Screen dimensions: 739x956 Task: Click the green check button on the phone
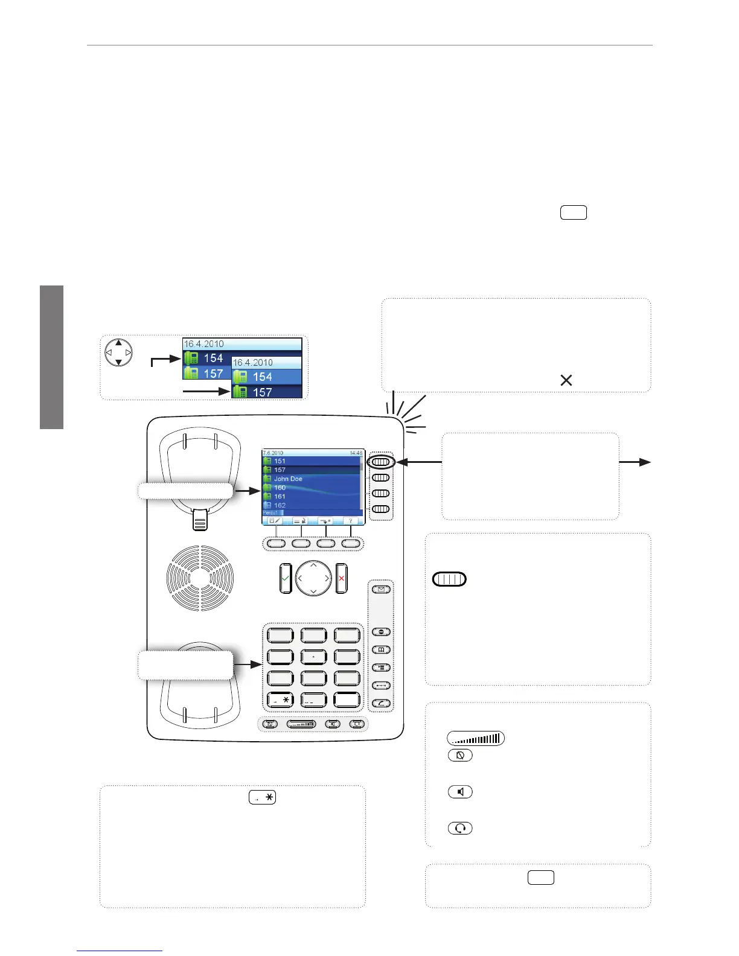tap(285, 578)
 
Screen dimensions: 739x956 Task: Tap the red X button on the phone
tap(342, 578)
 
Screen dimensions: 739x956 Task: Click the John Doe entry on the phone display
tap(288, 479)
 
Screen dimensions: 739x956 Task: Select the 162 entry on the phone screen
tap(280, 505)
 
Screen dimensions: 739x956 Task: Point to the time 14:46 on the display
tap(356, 453)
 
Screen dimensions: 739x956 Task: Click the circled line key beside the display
tap(381, 462)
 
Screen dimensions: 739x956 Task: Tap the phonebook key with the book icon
tap(381, 650)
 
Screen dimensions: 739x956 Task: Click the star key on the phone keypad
tap(280, 700)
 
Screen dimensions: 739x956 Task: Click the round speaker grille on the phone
tap(200, 578)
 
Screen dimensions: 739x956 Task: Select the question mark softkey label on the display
tap(350, 521)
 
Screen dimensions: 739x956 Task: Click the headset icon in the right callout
tap(460, 828)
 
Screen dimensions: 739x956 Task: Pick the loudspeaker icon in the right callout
tap(460, 792)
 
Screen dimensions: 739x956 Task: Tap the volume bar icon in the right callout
tap(476, 738)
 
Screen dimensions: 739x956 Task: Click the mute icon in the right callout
tap(460, 755)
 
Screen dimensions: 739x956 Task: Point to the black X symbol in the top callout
tap(566, 380)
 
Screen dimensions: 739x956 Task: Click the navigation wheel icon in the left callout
tap(119, 352)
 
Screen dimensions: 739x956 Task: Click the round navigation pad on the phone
tap(313, 578)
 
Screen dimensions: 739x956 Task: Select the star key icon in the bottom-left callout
tap(262, 797)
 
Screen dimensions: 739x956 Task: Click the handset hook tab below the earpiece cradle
tap(200, 520)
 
